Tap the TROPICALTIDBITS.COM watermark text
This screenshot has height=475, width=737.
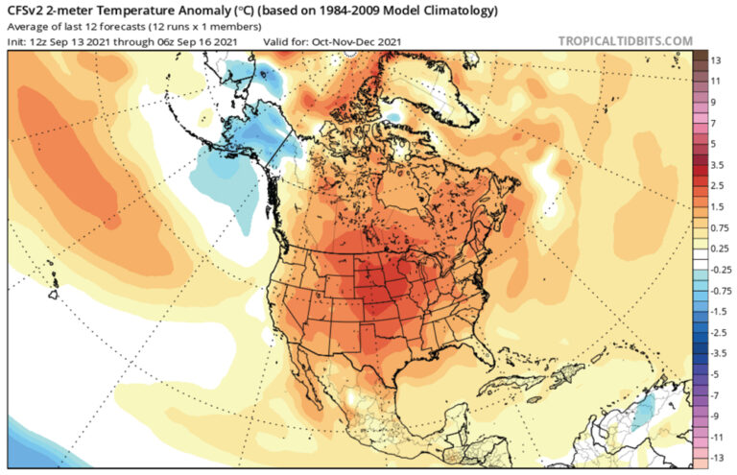[x=625, y=40]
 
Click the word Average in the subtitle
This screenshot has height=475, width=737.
[x=29, y=26]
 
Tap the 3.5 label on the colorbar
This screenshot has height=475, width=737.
[x=717, y=165]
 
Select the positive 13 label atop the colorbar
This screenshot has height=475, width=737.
[x=715, y=59]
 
